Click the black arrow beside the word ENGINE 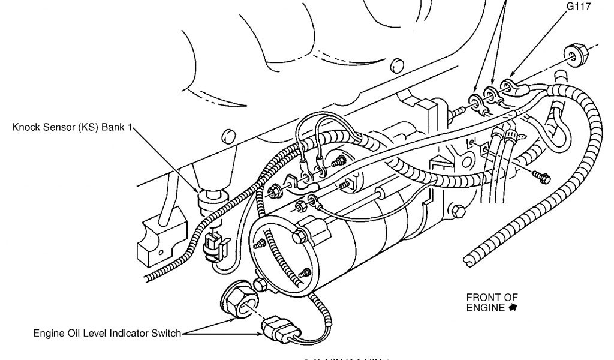(513, 308)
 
